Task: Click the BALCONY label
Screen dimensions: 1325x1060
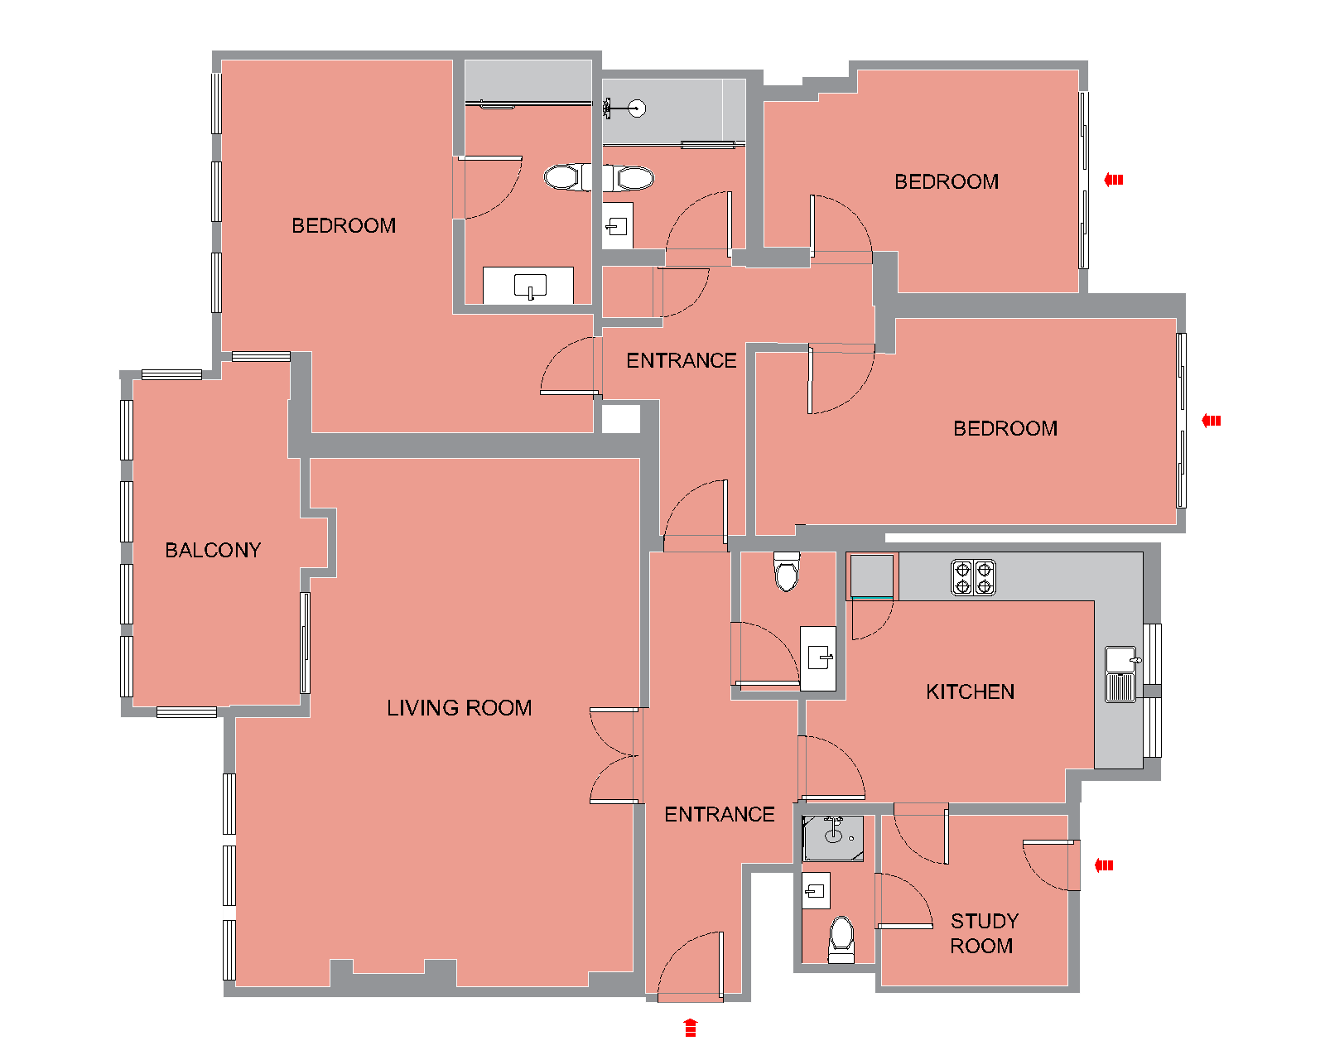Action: pos(213,550)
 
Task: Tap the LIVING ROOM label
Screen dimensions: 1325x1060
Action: pos(460,708)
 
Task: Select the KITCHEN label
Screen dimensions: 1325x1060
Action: pos(970,691)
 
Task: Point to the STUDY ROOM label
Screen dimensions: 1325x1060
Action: pos(984,933)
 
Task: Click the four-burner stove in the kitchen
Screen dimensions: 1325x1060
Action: pos(973,577)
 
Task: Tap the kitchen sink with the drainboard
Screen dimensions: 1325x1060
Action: pos(1120,674)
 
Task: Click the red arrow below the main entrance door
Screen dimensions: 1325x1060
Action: pos(690,1028)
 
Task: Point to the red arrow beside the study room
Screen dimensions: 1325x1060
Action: pos(1104,865)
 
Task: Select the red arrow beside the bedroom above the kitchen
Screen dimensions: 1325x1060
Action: pos(1211,421)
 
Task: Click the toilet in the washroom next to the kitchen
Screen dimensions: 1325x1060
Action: pos(786,571)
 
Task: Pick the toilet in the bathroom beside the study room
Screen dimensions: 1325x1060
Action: pos(841,939)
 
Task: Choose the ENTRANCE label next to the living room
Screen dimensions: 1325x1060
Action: pos(719,814)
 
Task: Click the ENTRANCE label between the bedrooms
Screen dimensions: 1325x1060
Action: pos(681,360)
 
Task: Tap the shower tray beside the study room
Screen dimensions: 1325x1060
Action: pos(832,838)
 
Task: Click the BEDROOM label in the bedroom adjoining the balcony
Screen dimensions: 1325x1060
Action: pos(344,225)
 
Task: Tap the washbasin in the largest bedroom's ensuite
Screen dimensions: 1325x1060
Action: pos(529,286)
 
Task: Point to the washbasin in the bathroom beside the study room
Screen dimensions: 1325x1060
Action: pos(816,890)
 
